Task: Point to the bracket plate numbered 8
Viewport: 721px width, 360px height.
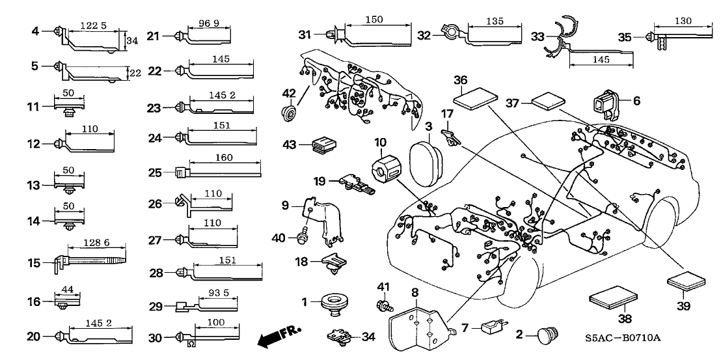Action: tap(416, 320)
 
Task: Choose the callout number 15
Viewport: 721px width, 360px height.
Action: tap(33, 263)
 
